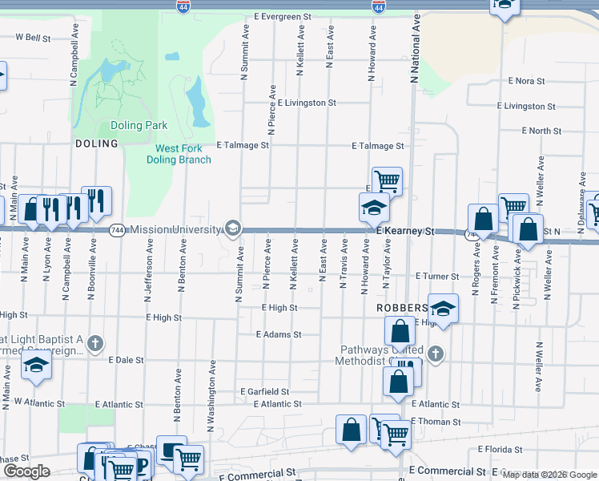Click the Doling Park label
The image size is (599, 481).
(x=139, y=125)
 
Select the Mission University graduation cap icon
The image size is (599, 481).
(x=232, y=229)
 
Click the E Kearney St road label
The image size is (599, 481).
(x=404, y=231)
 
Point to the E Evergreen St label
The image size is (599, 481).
(x=282, y=16)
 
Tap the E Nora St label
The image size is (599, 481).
(x=526, y=81)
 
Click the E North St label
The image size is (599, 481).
(x=541, y=131)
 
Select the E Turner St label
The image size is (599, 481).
(x=437, y=276)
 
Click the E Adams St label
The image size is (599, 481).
(x=279, y=334)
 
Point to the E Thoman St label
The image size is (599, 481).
(x=436, y=421)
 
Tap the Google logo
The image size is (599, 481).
(x=26, y=471)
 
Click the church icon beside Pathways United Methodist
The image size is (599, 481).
(x=435, y=353)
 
